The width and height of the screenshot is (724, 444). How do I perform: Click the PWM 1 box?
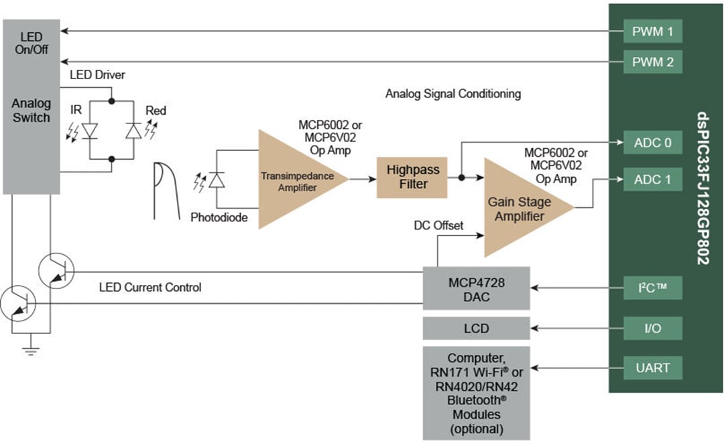click(x=653, y=32)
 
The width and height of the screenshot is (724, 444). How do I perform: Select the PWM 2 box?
click(x=653, y=62)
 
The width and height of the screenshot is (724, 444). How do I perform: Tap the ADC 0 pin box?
click(x=653, y=143)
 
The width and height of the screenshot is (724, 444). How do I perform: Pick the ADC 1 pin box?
click(x=653, y=180)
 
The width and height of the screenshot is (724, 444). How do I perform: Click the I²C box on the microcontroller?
click(x=653, y=289)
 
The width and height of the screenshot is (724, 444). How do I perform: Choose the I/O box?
click(x=653, y=329)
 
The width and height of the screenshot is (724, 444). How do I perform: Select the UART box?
click(x=653, y=368)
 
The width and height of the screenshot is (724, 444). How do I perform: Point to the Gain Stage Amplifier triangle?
click(x=520, y=208)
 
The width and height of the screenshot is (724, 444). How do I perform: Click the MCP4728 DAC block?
click(x=476, y=289)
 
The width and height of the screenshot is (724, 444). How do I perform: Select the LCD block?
click(x=476, y=329)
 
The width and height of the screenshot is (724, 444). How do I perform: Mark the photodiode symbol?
click(x=216, y=180)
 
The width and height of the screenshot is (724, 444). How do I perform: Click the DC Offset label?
click(x=438, y=225)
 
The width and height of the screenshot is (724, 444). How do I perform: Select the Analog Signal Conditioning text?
click(x=452, y=94)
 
